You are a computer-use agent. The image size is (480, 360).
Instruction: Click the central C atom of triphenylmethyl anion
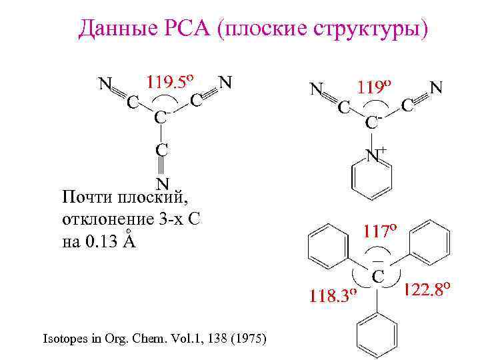point(377,276)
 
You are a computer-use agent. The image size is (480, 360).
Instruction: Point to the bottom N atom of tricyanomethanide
point(162,183)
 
